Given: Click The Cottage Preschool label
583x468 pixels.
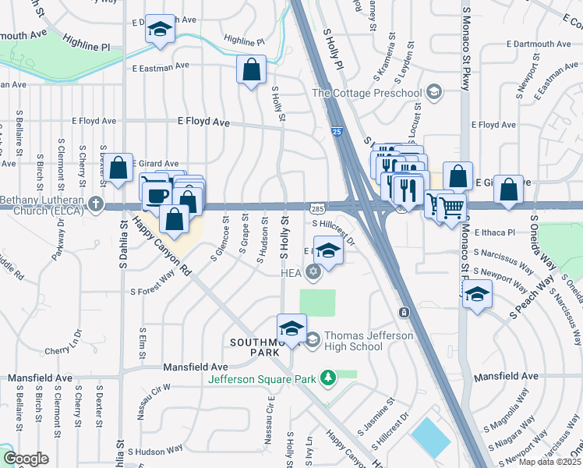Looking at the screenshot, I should pos(366,94).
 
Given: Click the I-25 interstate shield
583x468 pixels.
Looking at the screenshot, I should pos(335,132).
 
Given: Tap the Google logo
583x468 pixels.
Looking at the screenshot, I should pos(26,459).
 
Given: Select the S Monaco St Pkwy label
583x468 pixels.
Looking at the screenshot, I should pos(468,47).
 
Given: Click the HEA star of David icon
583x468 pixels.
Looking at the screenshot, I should pos(313,271).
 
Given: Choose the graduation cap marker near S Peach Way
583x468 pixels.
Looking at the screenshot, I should pos(477,294).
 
